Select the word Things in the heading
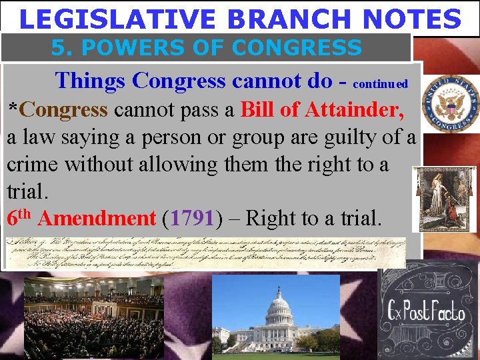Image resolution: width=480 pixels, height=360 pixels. [x=91, y=81]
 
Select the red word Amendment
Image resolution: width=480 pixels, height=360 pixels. [x=97, y=218]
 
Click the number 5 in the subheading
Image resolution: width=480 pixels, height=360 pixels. [x=59, y=47]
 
